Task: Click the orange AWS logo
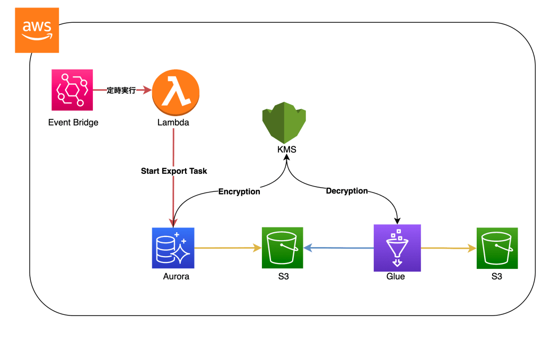[x=37, y=30]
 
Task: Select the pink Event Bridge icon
[x=72, y=91]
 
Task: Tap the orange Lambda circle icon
[x=176, y=94]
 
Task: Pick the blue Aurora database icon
[x=173, y=248]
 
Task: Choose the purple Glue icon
[x=397, y=248]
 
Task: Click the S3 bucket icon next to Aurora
[x=282, y=248]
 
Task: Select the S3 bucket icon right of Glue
[x=497, y=248]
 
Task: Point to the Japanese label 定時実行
[x=121, y=91]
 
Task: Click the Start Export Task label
[x=174, y=171]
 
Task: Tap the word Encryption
[x=239, y=191]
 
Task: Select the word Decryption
[x=347, y=191]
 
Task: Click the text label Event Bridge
[x=73, y=122]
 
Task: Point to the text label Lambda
[x=173, y=122]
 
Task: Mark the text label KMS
[x=287, y=150]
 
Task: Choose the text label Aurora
[x=176, y=276]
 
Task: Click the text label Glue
[x=396, y=276]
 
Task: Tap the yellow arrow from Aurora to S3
[x=228, y=248]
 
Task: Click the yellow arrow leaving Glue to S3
[x=448, y=248]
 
